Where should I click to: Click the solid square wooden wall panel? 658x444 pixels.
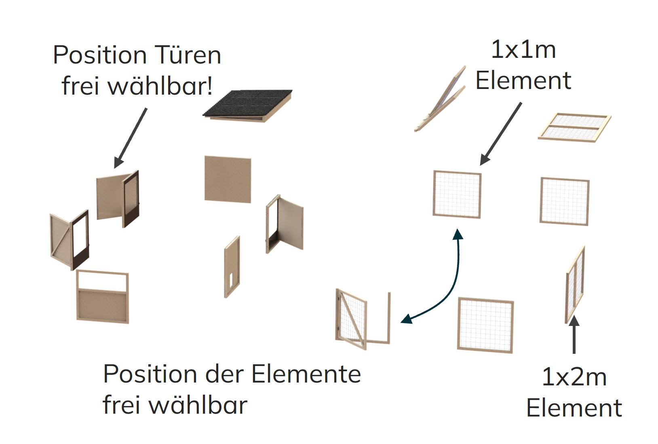[228, 179]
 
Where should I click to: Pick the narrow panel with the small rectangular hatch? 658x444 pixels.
[232, 267]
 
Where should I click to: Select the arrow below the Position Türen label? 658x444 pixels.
[130, 137]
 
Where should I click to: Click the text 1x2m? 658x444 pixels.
[574, 377]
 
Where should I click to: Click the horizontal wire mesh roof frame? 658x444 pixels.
[574, 127]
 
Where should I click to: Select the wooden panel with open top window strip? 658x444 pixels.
[103, 297]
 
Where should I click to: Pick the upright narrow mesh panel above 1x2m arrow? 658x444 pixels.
[575, 285]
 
